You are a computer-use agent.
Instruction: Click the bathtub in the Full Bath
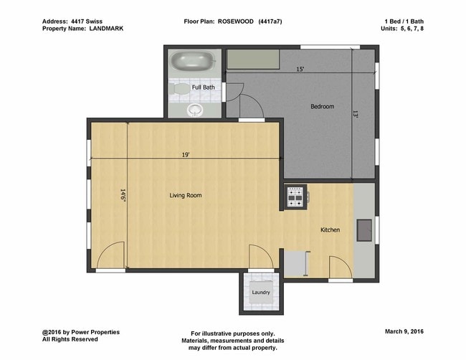193,61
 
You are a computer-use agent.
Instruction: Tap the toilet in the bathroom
179,89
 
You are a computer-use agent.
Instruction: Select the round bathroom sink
195,110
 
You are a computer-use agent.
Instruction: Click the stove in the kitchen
295,196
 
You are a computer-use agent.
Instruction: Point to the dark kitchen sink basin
364,230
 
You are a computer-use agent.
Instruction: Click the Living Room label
186,195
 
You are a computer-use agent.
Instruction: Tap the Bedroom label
322,106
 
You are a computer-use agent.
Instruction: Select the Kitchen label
331,229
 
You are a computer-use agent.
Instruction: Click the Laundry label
261,292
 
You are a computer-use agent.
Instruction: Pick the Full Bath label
204,87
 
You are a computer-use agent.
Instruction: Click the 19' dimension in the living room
186,155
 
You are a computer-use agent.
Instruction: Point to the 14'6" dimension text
123,195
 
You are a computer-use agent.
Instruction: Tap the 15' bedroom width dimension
300,70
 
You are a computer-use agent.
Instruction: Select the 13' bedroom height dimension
356,114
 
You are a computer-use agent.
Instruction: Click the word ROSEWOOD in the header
236,22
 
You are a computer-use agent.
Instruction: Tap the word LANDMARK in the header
106,29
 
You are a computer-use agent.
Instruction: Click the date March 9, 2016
404,331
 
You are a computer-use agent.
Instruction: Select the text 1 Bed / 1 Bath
404,22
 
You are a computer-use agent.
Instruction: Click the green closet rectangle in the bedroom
253,59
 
